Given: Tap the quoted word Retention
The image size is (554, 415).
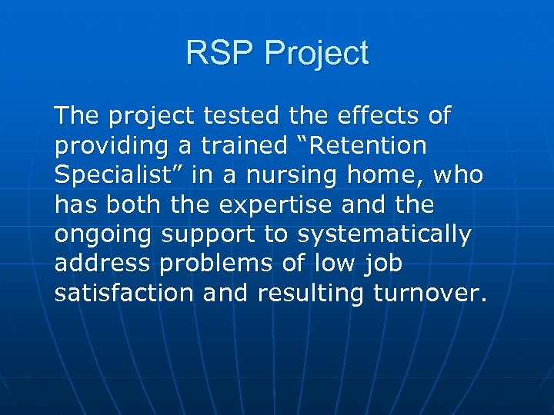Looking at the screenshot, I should [366, 145].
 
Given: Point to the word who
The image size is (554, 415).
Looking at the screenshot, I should [459, 175].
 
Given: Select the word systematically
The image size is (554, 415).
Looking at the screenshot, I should [384, 234].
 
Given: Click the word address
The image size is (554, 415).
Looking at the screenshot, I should [103, 264].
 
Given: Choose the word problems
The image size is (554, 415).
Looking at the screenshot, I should [217, 264].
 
